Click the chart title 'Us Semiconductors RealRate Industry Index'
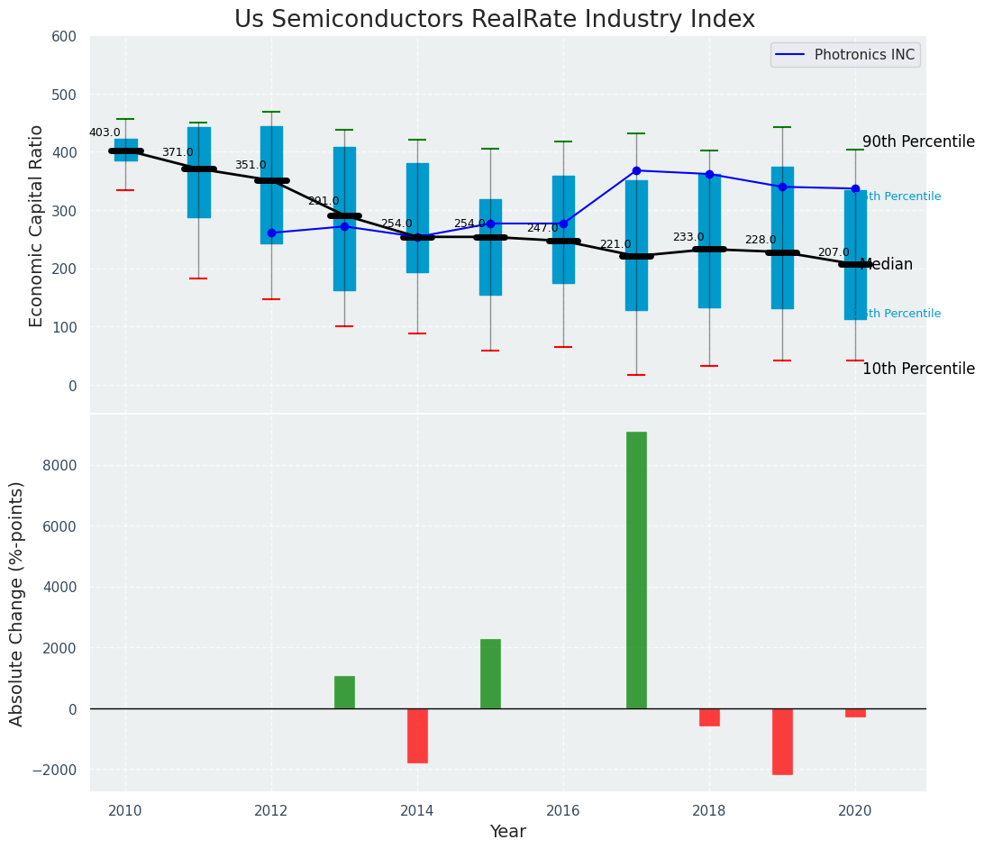pyautogui.click(x=495, y=20)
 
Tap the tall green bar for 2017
pyautogui.click(x=636, y=570)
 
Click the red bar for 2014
pyautogui.click(x=417, y=735)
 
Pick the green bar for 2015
pyautogui.click(x=490, y=673)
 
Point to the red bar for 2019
pyautogui.click(x=782, y=741)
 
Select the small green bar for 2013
pyautogui.click(x=344, y=692)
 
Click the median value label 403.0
pyautogui.click(x=105, y=132)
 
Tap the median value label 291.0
pyautogui.click(x=323, y=201)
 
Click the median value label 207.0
pyautogui.click(x=834, y=252)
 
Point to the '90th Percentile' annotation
pyautogui.click(x=918, y=142)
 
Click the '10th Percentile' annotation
pyautogui.click(x=918, y=369)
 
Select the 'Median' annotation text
pyautogui.click(x=887, y=264)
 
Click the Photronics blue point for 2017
pyautogui.click(x=636, y=170)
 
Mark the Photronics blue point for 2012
pyautogui.click(x=271, y=233)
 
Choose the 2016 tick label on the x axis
pyautogui.click(x=563, y=810)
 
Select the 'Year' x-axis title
pyautogui.click(x=508, y=832)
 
